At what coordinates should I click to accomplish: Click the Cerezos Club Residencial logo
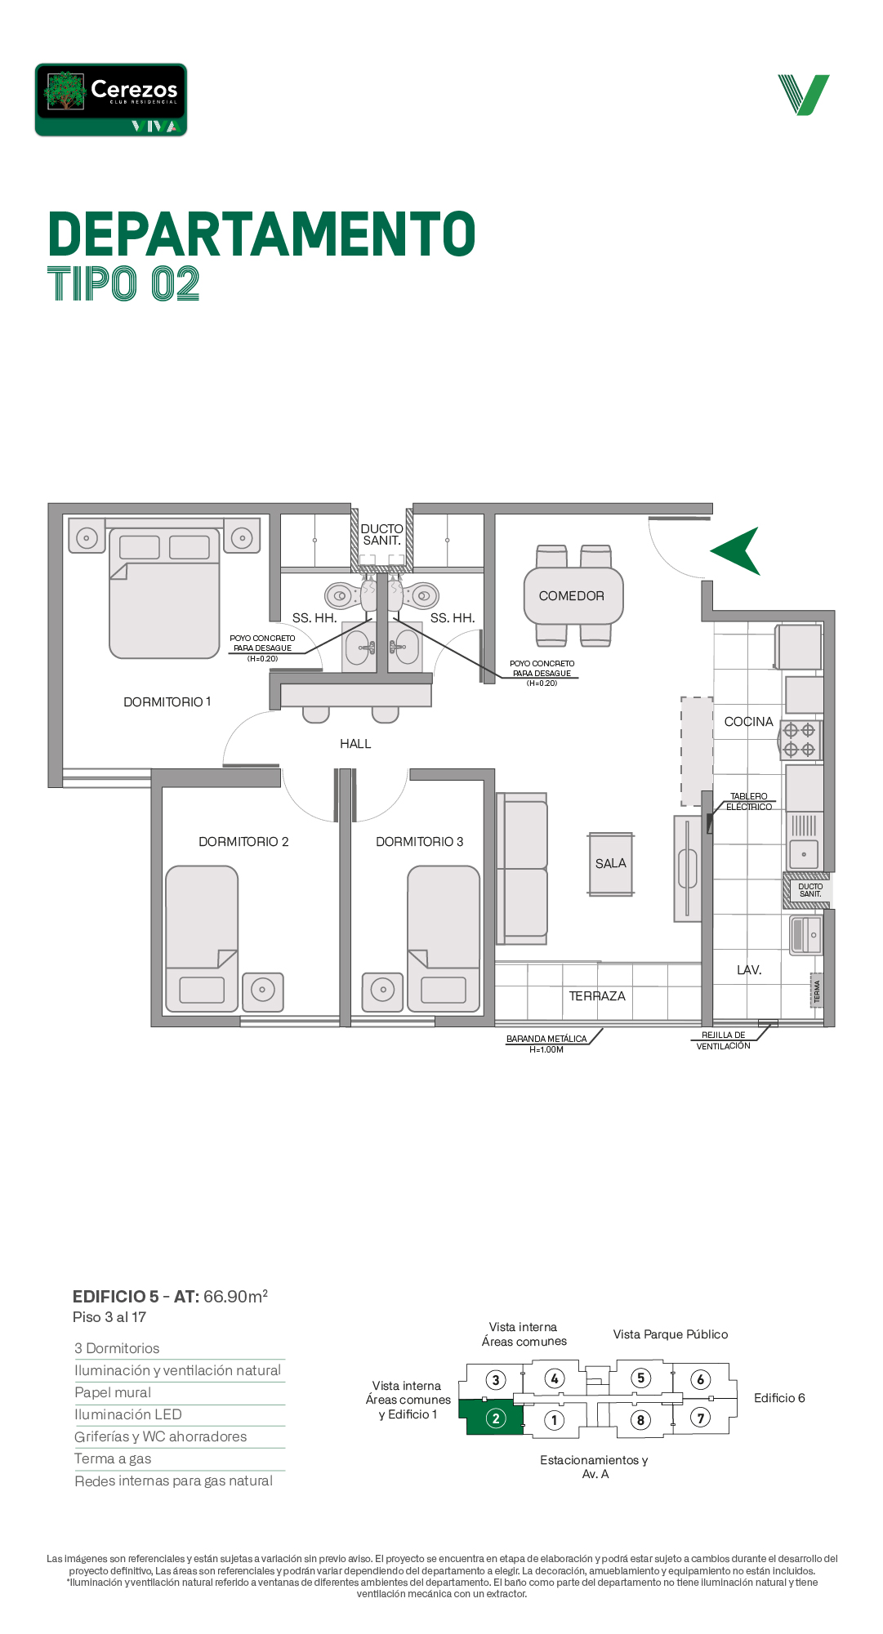(111, 100)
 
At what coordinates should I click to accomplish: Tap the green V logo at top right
(804, 95)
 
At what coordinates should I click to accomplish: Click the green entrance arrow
(737, 551)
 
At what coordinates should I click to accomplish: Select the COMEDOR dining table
(573, 596)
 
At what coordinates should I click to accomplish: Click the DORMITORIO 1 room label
(167, 702)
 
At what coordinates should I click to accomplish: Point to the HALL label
(355, 744)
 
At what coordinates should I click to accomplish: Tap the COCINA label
(748, 722)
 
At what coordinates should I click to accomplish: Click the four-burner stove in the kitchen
(800, 741)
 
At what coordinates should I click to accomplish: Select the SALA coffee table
(611, 864)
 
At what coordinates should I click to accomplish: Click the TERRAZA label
(597, 996)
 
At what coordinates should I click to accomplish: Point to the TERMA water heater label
(816, 991)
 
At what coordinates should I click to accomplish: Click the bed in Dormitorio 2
(202, 939)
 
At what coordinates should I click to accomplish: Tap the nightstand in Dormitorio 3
(382, 991)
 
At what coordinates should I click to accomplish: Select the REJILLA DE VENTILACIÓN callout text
(724, 1040)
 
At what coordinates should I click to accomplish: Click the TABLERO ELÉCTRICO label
(749, 802)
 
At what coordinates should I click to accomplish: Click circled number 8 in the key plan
(640, 1420)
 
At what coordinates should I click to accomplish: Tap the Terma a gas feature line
(113, 1458)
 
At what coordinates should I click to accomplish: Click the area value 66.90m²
(236, 1296)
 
